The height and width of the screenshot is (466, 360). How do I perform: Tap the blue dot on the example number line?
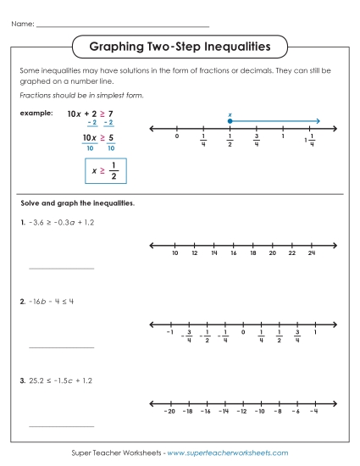tap(230, 121)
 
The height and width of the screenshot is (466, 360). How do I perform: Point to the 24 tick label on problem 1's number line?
tap(312, 253)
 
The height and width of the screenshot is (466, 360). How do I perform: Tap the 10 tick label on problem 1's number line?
tap(174, 253)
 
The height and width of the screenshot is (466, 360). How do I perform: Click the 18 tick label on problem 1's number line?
tap(252, 253)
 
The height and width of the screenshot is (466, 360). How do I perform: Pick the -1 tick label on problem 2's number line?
tap(170, 332)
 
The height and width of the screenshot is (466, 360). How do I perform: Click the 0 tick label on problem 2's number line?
tap(243, 332)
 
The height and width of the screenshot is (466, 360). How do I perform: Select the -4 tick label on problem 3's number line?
tap(313, 411)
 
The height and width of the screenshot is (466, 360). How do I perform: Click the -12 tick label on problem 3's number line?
tap(241, 411)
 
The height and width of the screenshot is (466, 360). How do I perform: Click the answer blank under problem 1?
tap(62, 267)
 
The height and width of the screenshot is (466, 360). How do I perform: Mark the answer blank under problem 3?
tap(62, 425)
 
